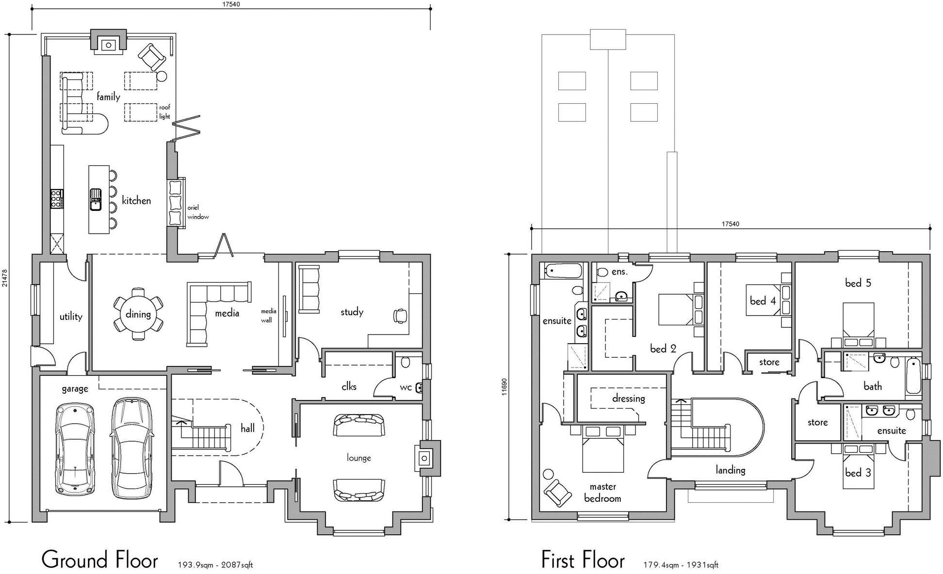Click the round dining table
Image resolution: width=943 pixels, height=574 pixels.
point(138,314)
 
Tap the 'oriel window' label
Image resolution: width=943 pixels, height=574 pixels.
point(197,212)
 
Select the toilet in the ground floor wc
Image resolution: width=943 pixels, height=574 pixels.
point(406,362)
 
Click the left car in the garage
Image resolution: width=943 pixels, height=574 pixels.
point(75,449)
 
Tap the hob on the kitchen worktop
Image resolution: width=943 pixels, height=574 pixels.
point(57,199)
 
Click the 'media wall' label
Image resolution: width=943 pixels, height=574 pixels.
point(268,316)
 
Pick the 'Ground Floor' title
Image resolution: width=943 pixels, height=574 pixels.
point(99,560)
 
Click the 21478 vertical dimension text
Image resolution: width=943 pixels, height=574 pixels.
point(5,277)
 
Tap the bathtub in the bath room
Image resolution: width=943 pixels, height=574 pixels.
point(913,376)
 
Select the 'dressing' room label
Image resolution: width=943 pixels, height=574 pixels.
point(628,399)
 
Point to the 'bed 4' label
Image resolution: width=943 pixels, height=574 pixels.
point(763,301)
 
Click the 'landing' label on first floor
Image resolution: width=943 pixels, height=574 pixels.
point(730,470)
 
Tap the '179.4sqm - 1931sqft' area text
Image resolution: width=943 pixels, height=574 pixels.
point(681,565)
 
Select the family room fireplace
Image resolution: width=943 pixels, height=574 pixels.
point(109,45)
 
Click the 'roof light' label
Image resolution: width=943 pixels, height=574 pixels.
point(164,112)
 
